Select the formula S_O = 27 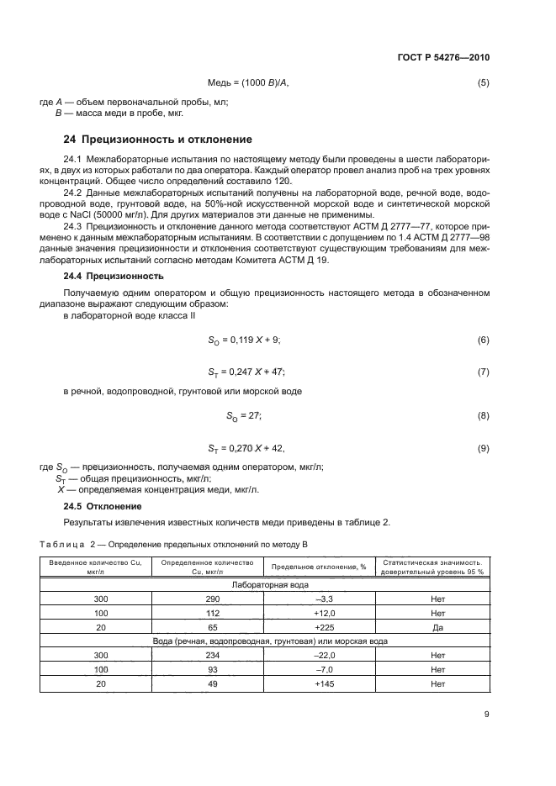pyautogui.click(x=245, y=414)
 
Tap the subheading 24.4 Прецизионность pyautogui.click(x=114, y=276)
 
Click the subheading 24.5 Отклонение pyautogui.click(x=103, y=506)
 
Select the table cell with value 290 pyautogui.click(x=212, y=599)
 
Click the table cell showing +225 pyautogui.click(x=319, y=626)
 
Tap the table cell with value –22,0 pyautogui.click(x=319, y=655)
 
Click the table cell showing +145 pyautogui.click(x=319, y=683)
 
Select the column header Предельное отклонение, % pyautogui.click(x=319, y=567)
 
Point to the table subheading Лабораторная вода pyautogui.click(x=266, y=584)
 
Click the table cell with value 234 pyautogui.click(x=212, y=655)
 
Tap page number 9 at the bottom pyautogui.click(x=487, y=716)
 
